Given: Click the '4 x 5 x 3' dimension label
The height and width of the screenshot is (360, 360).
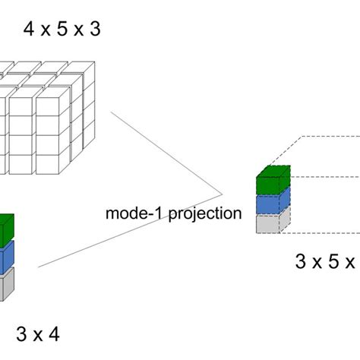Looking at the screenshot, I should (63, 30).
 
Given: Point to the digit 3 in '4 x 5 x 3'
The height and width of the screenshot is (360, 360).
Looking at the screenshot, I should (93, 30).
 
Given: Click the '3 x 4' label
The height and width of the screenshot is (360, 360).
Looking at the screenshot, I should (37, 333).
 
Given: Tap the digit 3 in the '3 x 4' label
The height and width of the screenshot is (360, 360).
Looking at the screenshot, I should (21, 333).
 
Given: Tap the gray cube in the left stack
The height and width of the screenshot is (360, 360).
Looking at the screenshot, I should (5, 286).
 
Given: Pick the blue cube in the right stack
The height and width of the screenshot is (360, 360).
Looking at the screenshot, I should (269, 204).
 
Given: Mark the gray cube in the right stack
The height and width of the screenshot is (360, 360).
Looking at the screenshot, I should (269, 223).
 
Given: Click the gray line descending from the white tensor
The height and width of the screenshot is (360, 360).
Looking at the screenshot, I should (163, 148).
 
